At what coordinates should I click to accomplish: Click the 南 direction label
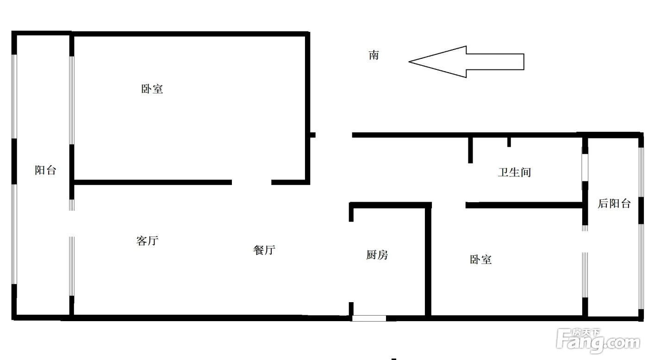click(x=374, y=56)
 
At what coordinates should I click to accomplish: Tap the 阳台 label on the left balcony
click(x=45, y=170)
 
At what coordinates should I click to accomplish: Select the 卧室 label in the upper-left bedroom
click(x=152, y=89)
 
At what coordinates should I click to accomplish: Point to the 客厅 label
click(x=148, y=241)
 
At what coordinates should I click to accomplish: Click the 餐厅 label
click(x=265, y=250)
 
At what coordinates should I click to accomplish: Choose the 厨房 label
click(x=377, y=255)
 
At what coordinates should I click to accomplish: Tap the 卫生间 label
click(x=514, y=173)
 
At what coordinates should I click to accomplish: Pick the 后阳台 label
click(x=614, y=204)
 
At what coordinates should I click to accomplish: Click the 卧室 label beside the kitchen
click(x=481, y=260)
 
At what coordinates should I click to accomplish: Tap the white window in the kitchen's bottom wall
click(x=369, y=318)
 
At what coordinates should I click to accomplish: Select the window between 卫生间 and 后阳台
click(x=585, y=167)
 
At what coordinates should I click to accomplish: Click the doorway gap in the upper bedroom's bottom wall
click(x=251, y=182)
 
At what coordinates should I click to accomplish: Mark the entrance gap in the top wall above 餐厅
click(x=334, y=135)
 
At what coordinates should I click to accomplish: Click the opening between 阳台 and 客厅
click(x=71, y=223)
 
